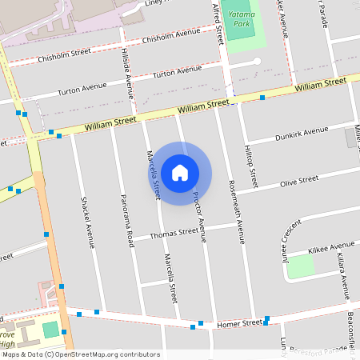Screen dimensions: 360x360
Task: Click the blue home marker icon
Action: click(x=180, y=172)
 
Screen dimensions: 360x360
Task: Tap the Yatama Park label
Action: click(x=242, y=19)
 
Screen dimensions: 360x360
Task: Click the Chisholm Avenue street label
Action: click(x=170, y=36)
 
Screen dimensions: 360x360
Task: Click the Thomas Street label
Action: click(x=174, y=233)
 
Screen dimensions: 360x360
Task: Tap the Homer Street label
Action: click(x=240, y=323)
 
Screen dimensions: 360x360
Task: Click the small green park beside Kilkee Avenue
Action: click(x=300, y=266)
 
